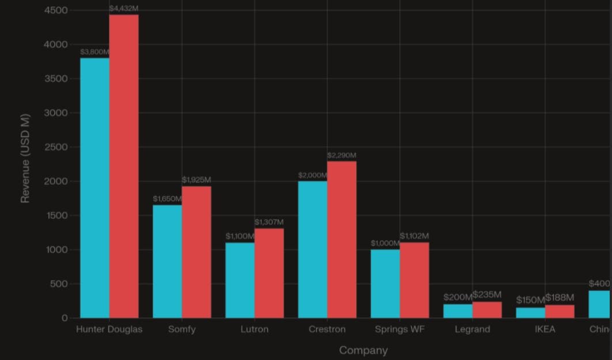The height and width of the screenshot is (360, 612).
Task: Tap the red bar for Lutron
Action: click(269, 273)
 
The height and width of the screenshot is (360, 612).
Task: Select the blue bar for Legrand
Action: click(458, 311)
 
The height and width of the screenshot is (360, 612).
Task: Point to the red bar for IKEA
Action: click(560, 312)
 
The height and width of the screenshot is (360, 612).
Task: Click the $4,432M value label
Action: click(124, 9)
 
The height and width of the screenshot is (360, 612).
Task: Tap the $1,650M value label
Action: click(167, 199)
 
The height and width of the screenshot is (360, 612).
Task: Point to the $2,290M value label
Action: click(342, 156)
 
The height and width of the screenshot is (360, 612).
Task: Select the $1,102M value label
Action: click(414, 236)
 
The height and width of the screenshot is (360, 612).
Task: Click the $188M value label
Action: click(560, 297)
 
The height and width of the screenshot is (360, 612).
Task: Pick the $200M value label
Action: click(458, 297)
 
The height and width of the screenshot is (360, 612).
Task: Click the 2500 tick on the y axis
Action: click(56, 147)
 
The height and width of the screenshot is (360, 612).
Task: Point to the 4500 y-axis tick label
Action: click(56, 10)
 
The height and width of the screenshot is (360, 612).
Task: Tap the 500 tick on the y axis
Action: click(59, 284)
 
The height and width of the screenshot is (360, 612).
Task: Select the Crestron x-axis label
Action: click(327, 329)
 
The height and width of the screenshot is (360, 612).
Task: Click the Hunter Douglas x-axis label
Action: click(109, 329)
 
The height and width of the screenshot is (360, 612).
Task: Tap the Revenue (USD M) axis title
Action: click(25, 158)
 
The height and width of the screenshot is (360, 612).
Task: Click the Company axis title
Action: click(363, 350)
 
